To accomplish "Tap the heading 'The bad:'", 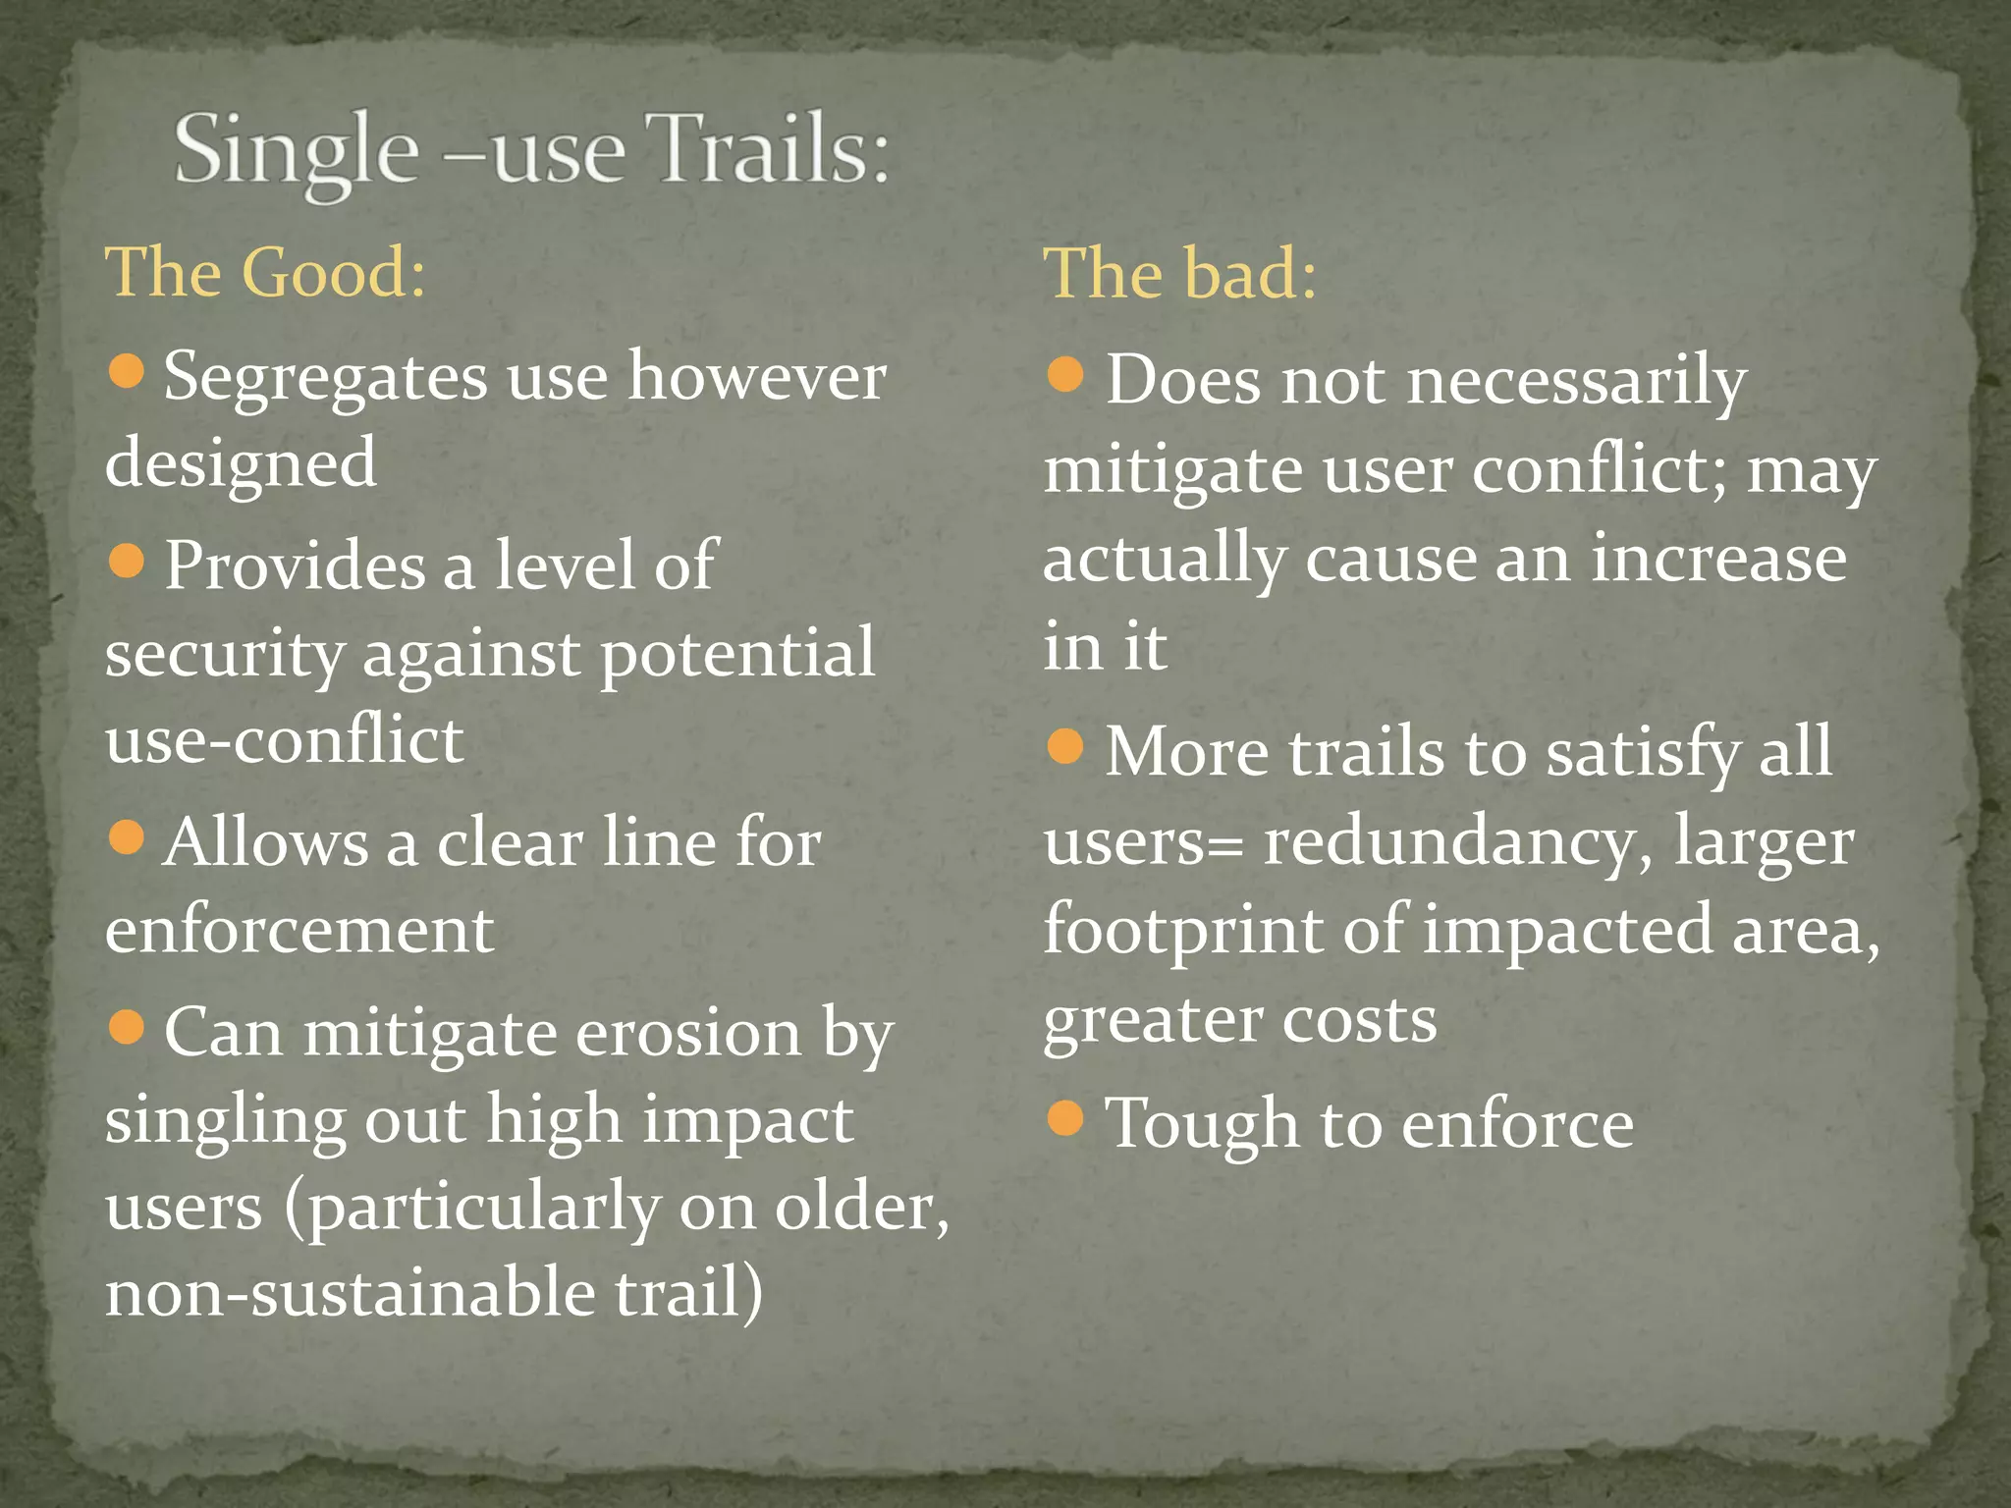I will [x=1179, y=272].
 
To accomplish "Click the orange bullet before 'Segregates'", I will [x=127, y=372].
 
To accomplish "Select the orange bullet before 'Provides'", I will [x=127, y=561].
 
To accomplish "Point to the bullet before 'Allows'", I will [x=127, y=837].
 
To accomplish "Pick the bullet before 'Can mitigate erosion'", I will [x=127, y=1028].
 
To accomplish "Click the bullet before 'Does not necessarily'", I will [x=1065, y=373].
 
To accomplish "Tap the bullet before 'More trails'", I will [x=1065, y=746].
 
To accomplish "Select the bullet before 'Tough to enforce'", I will [x=1065, y=1117].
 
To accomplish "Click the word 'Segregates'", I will [x=325, y=378].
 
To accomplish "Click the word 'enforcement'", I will [x=299, y=929].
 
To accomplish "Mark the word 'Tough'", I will [x=1202, y=1124].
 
